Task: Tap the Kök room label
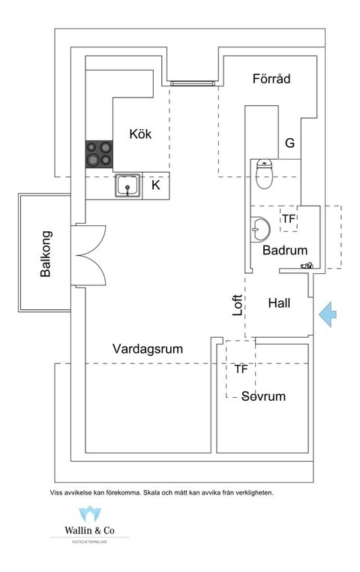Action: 140,134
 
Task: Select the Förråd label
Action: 271,78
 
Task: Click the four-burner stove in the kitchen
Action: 98,154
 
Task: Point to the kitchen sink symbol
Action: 128,185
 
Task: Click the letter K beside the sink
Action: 156,185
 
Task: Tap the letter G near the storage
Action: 289,143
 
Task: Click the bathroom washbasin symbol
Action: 260,227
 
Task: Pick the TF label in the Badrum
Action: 289,219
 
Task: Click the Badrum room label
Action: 285,251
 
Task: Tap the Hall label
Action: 278,303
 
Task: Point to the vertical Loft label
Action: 238,304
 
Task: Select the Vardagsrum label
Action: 148,349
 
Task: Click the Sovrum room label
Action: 263,396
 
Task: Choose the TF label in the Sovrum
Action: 241,369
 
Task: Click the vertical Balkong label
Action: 46,254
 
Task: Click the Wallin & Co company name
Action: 90,528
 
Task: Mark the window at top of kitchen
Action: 193,82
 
